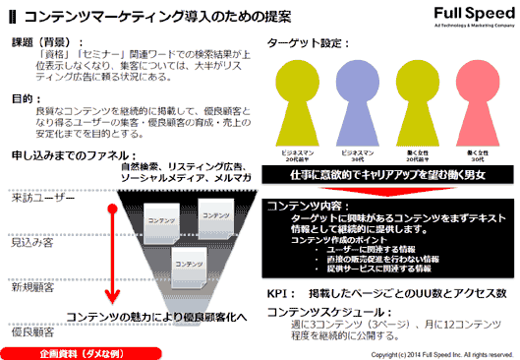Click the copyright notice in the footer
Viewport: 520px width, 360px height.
pyautogui.click(x=430, y=353)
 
